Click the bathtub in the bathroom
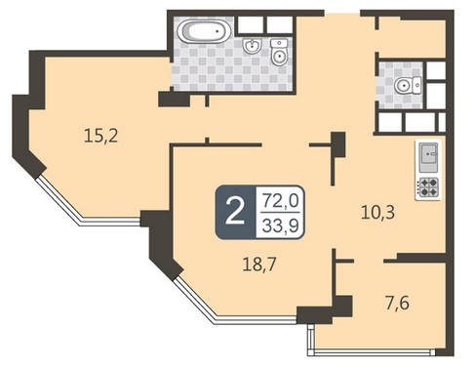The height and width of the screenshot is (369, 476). point(204,31)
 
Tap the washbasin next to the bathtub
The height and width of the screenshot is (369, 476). point(252,46)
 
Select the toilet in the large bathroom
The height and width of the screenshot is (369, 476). point(279,52)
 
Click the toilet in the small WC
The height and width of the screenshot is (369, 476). point(408,86)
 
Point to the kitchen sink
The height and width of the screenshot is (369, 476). point(428,157)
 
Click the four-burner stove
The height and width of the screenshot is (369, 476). point(428,187)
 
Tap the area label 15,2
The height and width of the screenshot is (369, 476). point(100,136)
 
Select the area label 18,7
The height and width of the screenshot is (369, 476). point(259,264)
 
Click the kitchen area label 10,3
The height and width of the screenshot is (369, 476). point(377,212)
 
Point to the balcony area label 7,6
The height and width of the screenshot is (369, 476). point(397,304)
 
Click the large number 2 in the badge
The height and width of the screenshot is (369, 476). point(235,212)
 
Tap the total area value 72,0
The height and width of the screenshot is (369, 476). point(280,200)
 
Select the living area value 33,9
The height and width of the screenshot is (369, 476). point(280,225)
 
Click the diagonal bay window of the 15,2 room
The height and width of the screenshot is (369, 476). point(59,200)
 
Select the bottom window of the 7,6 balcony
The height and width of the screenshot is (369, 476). point(371,351)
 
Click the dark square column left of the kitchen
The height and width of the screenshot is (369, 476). point(337,144)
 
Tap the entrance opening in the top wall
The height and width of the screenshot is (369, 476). point(342,13)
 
